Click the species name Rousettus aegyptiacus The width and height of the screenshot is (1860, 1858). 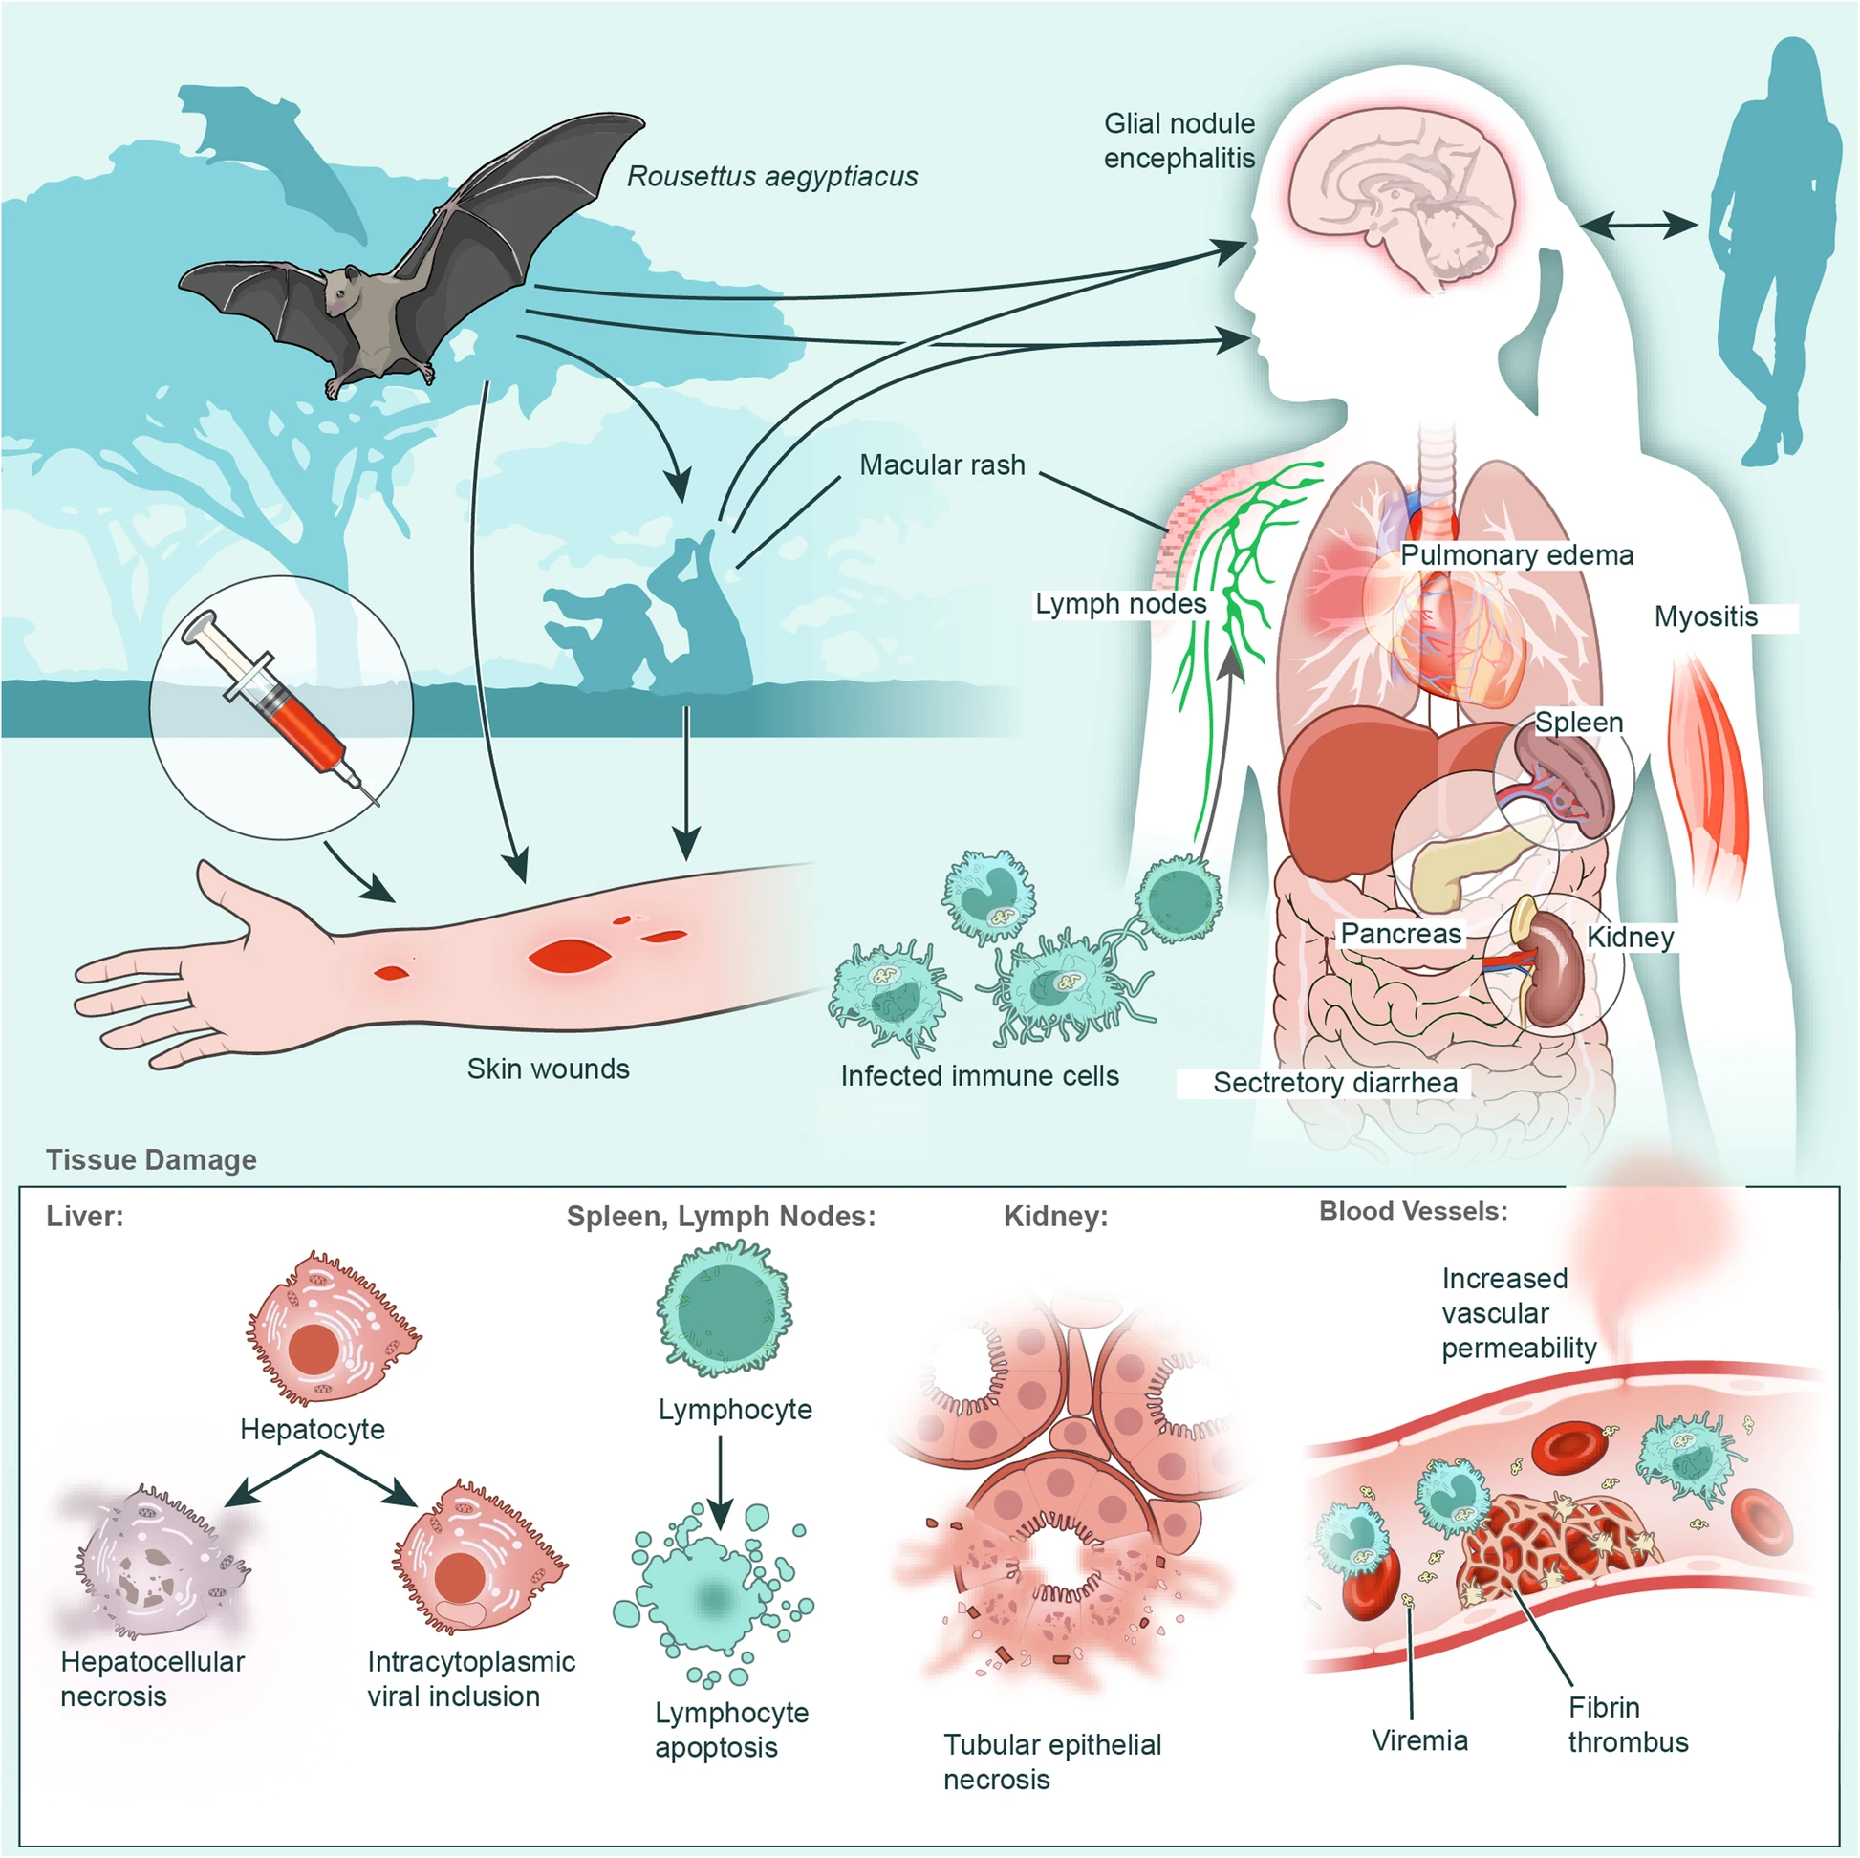[772, 176]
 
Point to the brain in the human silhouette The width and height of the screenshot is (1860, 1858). [1405, 202]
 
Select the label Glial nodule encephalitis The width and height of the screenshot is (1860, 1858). [1179, 140]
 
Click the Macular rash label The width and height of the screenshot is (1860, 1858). [941, 465]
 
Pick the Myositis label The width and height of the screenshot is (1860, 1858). [1705, 616]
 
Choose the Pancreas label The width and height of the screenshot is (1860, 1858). [1401, 934]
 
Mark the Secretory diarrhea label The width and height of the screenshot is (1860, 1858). [1334, 1083]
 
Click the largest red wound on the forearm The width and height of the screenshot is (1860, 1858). [569, 956]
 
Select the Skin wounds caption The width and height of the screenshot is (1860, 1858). [548, 1069]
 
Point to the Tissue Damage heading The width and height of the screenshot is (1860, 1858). [151, 1160]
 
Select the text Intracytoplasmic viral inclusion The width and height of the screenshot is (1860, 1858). [471, 1679]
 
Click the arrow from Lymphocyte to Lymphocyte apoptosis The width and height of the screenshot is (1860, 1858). [720, 1483]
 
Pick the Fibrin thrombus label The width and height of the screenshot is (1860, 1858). [1627, 1724]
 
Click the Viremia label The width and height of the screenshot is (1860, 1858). [1419, 1740]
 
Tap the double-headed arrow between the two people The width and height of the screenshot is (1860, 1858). [1637, 227]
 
